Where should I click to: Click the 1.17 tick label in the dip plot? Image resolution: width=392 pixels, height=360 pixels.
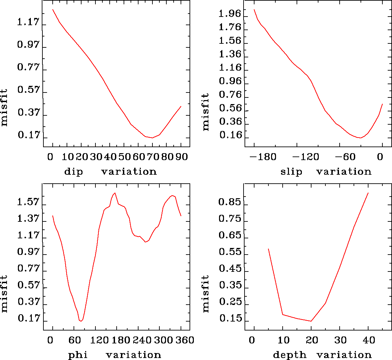pyautogui.click(x=28, y=23)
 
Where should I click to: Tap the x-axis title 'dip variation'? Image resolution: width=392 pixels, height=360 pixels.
pyautogui.click(x=110, y=172)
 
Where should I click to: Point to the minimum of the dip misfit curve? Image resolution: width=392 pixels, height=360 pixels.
pyautogui.click(x=152, y=138)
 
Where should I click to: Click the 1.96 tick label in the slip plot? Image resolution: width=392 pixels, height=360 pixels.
pyautogui.click(x=230, y=14)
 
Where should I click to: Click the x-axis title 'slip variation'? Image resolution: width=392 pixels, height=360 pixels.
pyautogui.click(x=326, y=172)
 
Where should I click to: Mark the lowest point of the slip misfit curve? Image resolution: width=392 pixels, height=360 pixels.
pyautogui.click(x=360, y=138)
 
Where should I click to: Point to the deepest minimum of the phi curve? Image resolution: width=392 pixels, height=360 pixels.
pyautogui.click(x=81, y=321)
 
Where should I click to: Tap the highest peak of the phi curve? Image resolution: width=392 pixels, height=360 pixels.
pyautogui.click(x=115, y=193)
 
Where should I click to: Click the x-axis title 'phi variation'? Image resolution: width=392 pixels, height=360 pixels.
pyautogui.click(x=114, y=355)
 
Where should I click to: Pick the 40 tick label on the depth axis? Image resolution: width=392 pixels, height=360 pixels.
pyautogui.click(x=369, y=340)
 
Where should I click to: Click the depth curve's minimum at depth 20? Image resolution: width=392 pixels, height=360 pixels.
pyautogui.click(x=311, y=321)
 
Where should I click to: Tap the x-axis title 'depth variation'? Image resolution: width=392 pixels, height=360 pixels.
pyautogui.click(x=322, y=355)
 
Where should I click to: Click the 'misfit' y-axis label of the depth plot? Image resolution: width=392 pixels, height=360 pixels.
pyautogui.click(x=206, y=293)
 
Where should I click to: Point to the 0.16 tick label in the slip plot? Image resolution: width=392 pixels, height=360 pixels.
pyautogui.click(x=230, y=135)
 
